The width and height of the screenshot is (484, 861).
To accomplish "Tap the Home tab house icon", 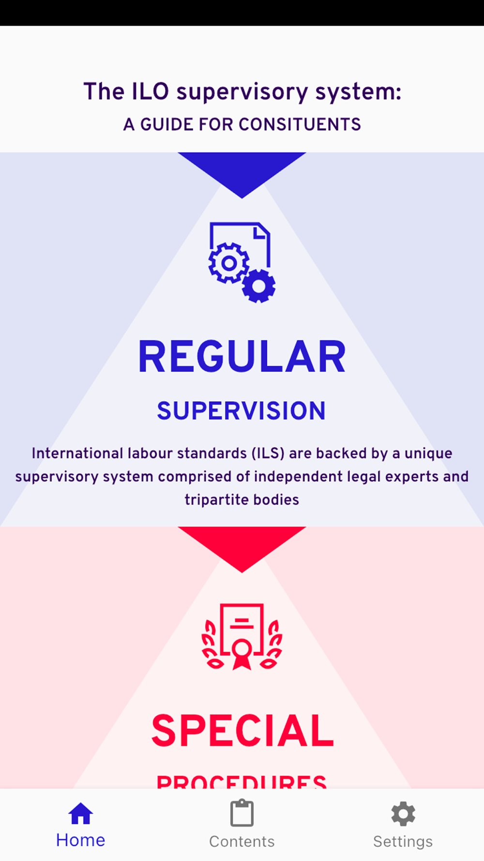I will tap(80, 814).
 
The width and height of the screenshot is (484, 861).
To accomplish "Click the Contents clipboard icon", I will tap(242, 814).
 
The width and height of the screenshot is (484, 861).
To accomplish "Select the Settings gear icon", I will tap(403, 814).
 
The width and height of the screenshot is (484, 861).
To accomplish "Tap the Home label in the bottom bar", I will tap(80, 840).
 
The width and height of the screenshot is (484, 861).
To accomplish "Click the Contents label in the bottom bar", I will tap(242, 842).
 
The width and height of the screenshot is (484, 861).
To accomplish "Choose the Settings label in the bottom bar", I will tap(403, 842).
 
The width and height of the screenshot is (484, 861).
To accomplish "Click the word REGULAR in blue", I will tap(242, 357).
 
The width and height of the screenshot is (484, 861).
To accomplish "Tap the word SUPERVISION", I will tap(242, 411).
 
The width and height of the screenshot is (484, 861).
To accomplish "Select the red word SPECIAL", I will tap(242, 731).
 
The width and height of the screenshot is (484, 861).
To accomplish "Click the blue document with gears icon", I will tap(242, 262).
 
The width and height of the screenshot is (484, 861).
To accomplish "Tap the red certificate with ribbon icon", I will tap(242, 636).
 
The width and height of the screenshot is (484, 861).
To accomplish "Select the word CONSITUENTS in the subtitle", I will tap(300, 124).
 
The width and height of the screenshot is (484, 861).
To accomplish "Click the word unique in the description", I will tap(428, 453).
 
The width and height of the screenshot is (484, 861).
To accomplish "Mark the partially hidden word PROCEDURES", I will tap(242, 781).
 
